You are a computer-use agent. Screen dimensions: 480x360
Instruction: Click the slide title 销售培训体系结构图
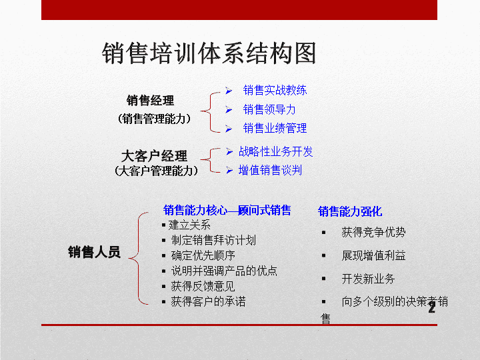[209, 53]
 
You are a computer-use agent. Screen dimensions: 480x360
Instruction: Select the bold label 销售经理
[150, 101]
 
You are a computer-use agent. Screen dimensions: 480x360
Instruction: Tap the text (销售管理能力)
[154, 119]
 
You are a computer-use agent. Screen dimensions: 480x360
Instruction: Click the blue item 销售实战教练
[275, 90]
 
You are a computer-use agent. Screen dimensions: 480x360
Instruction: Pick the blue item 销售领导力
[269, 109]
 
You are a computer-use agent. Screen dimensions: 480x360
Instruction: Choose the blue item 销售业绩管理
[275, 128]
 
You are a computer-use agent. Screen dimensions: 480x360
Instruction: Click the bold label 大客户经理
[154, 156]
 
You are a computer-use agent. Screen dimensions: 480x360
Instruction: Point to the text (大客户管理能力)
[156, 171]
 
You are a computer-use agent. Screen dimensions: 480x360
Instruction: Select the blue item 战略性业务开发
[275, 151]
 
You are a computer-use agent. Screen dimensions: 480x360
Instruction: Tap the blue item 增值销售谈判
[270, 170]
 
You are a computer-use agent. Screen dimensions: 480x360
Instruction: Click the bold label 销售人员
[94, 252]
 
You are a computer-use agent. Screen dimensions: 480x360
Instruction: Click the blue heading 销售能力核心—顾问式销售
[227, 210]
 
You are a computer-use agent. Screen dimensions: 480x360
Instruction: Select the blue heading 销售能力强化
[350, 211]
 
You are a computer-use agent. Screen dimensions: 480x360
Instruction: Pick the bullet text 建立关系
[189, 225]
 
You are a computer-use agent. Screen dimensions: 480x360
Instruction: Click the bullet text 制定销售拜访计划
[213, 240]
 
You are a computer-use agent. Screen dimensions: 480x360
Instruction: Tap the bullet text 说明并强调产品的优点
[224, 271]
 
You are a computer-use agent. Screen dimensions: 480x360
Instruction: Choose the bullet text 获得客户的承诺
[208, 301]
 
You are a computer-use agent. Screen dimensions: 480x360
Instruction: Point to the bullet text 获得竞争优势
[373, 232]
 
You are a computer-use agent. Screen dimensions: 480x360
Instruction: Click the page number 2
[431, 307]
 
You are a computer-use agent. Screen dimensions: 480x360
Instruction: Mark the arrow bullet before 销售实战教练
[229, 91]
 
